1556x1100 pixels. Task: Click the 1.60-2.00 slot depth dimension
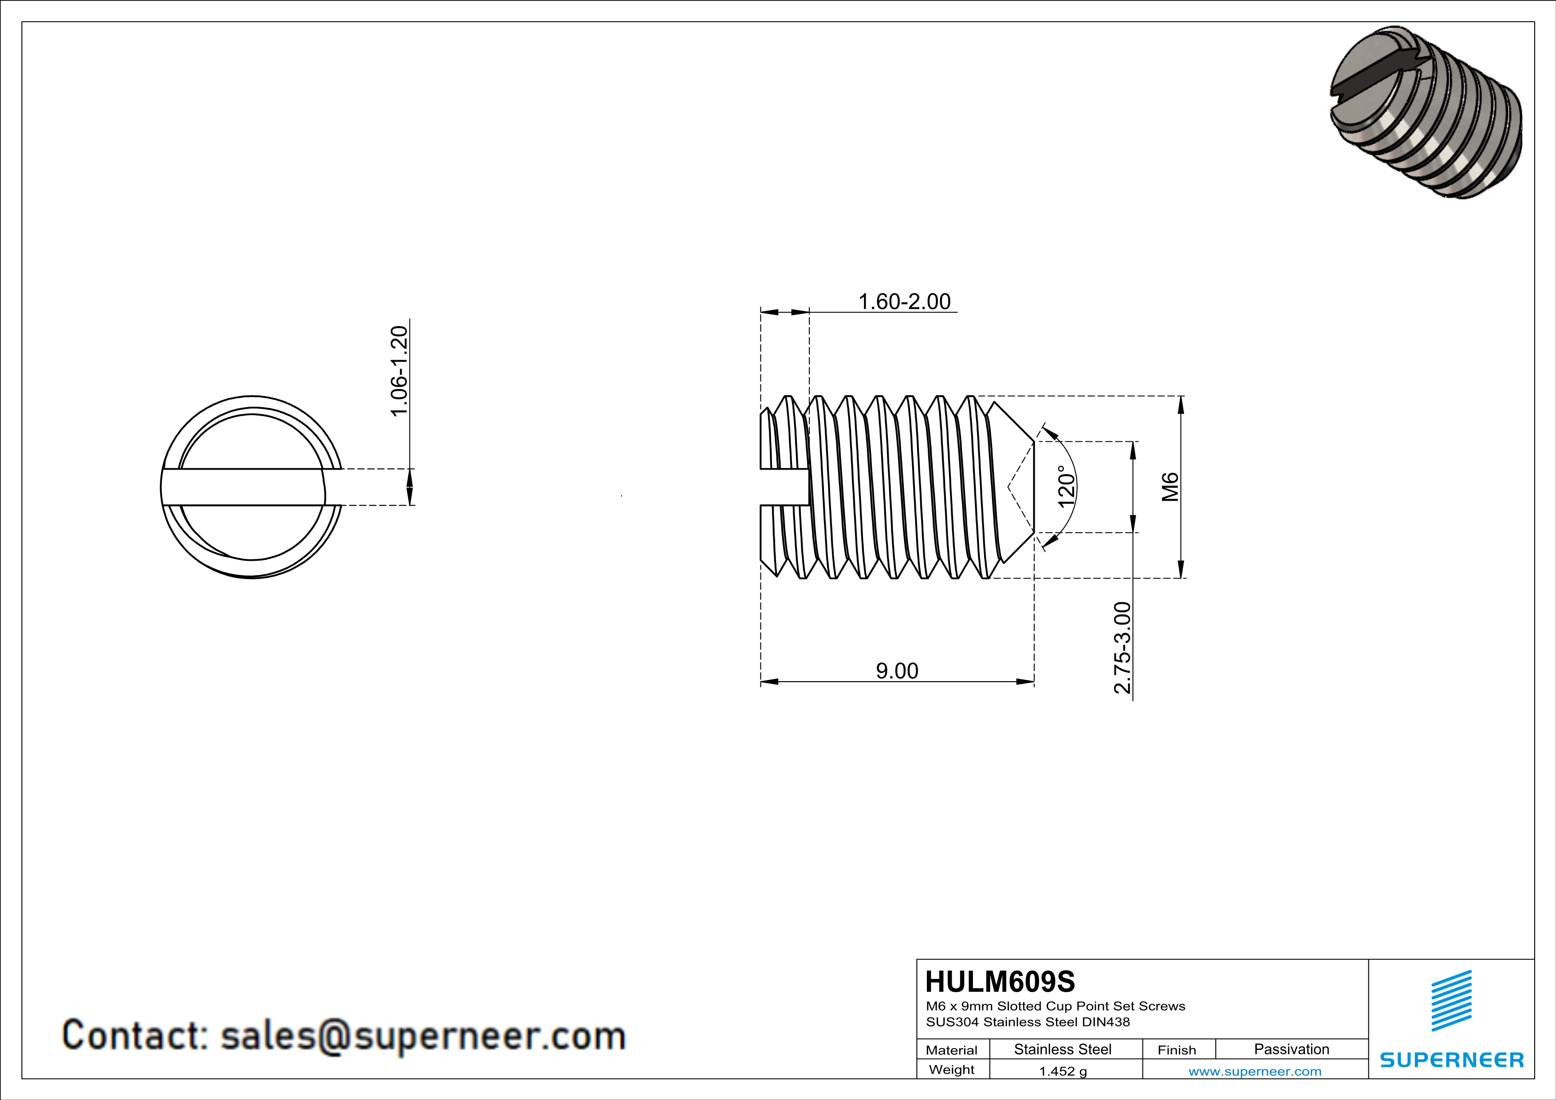[x=904, y=302]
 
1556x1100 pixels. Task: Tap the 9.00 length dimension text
[x=897, y=671]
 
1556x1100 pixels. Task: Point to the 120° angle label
[x=1066, y=486]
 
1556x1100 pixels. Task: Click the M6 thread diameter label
[x=1170, y=486]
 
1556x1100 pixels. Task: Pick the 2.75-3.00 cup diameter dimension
[x=1122, y=648]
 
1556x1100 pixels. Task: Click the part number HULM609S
[x=1000, y=982]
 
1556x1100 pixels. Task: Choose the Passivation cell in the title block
[x=1291, y=1049]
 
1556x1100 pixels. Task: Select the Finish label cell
[x=1177, y=1050]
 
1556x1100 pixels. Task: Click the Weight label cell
[x=952, y=1069]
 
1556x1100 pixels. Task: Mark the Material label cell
[x=952, y=1050]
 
